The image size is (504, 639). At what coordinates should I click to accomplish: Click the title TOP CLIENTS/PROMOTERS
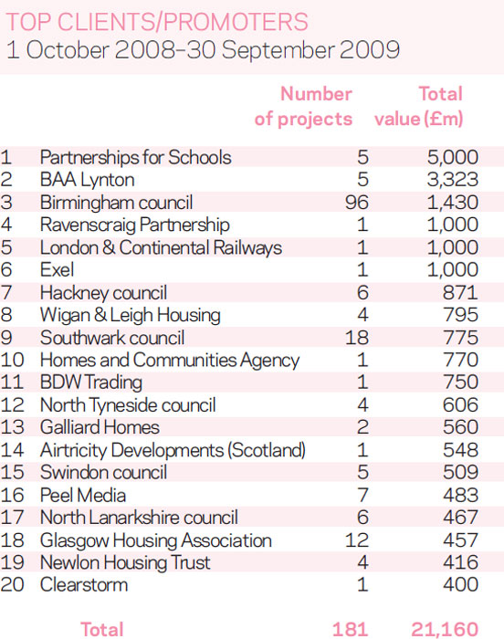[x=157, y=22]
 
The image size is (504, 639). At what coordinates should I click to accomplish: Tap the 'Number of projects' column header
[x=303, y=107]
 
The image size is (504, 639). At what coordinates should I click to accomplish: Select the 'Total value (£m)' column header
[x=419, y=107]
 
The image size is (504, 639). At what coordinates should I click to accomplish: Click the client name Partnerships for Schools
[x=136, y=158]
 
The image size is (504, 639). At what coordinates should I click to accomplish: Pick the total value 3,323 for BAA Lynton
[x=453, y=180]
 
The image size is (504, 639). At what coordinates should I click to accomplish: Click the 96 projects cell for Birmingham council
[x=357, y=203]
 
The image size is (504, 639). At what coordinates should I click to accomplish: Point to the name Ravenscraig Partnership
[x=134, y=225]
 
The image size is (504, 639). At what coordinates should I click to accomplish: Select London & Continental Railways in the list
[x=161, y=247]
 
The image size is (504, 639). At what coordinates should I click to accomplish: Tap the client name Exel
[x=58, y=270]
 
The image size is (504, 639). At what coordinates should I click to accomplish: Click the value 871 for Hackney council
[x=460, y=293]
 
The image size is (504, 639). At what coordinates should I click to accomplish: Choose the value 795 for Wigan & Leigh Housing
[x=460, y=315]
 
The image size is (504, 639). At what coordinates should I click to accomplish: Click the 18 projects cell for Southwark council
[x=357, y=338]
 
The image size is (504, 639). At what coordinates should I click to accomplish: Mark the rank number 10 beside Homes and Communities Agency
[x=12, y=361]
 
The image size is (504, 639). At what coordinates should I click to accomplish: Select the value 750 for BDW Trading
[x=460, y=382]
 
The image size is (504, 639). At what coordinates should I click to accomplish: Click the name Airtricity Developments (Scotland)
[x=173, y=451]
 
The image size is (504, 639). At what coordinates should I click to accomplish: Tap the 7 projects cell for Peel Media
[x=362, y=496]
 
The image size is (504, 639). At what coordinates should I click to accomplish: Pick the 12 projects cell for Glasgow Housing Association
[x=357, y=540]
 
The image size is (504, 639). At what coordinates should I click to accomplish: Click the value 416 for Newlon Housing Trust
[x=460, y=563]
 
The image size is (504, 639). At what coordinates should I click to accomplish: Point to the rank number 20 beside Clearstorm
[x=12, y=585]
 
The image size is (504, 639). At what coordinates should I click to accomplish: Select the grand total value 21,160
[x=445, y=630]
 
